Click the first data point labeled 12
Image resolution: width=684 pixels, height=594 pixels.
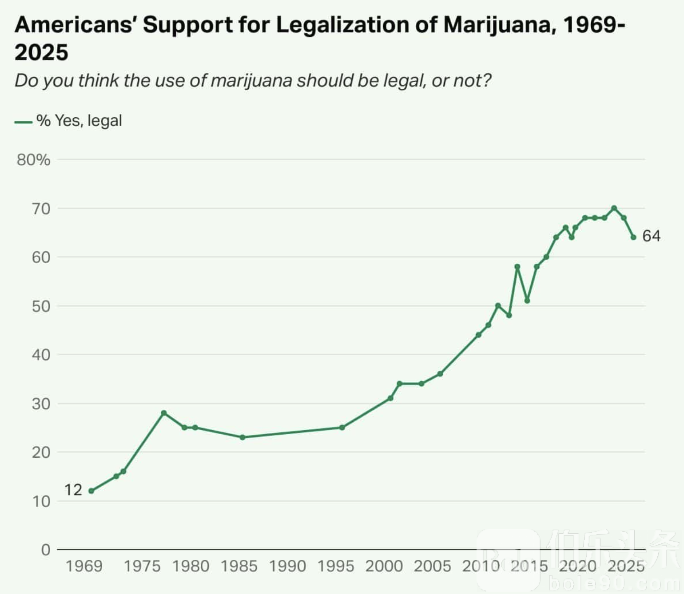91,491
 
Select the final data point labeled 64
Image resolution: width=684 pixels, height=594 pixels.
633,237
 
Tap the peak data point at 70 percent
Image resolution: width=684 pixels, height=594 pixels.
614,208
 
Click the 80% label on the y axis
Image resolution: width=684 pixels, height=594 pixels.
33,160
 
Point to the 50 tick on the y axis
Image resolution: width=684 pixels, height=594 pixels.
41,306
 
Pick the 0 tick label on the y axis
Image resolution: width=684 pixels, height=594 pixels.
46,550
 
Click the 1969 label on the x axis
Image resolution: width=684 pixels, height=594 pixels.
84,566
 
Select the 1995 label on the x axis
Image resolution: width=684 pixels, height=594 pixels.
335,566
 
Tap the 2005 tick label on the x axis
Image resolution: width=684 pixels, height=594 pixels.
432,566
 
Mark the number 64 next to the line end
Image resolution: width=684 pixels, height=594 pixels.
652,236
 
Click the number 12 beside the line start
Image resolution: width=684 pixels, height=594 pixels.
73,490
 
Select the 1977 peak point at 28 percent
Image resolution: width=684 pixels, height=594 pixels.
164,413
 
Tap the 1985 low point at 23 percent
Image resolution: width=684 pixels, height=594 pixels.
243,437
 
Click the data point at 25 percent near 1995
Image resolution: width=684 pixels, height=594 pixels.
342,428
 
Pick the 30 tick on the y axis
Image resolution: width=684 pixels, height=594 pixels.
41,404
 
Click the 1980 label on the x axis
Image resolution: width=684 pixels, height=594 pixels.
191,566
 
